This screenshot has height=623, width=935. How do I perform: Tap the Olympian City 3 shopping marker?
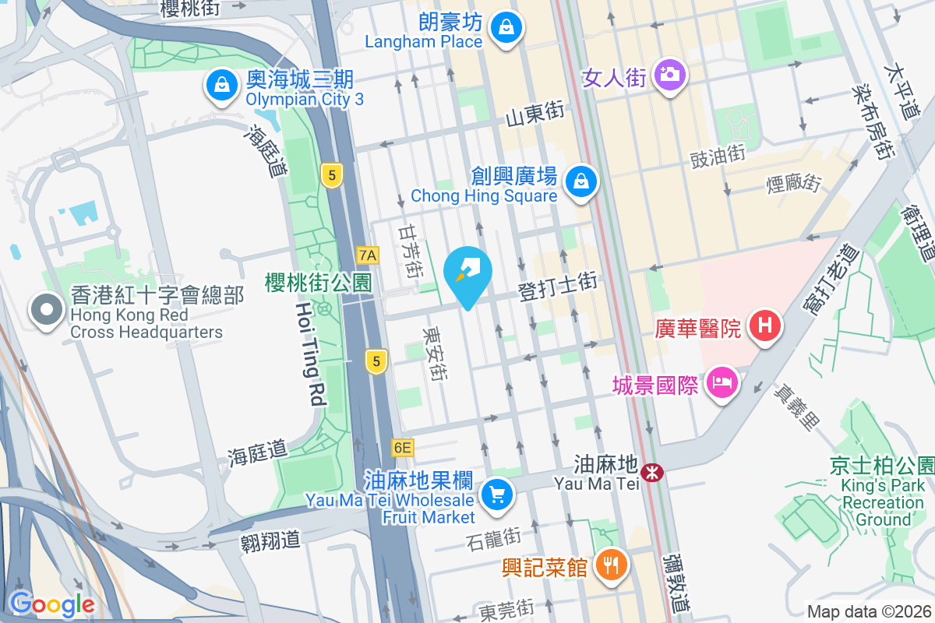pyautogui.click(x=222, y=85)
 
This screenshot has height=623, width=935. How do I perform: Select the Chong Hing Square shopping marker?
pyautogui.click(x=580, y=182)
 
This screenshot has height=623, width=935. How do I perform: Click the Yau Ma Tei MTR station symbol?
pyautogui.click(x=651, y=472)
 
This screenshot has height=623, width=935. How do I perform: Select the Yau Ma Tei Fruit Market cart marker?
pyautogui.click(x=496, y=494)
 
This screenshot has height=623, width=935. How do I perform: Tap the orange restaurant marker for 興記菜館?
pyautogui.click(x=609, y=565)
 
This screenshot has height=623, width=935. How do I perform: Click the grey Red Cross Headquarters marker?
pyautogui.click(x=47, y=309)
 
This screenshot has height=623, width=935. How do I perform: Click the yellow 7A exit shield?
pyautogui.click(x=368, y=255)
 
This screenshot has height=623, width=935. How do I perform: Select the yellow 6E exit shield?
pyautogui.click(x=402, y=448)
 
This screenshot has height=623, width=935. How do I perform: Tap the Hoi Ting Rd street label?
pyautogui.click(x=309, y=354)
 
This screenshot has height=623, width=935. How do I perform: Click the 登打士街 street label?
pyautogui.click(x=558, y=288)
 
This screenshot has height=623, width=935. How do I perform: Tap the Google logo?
pyautogui.click(x=51, y=604)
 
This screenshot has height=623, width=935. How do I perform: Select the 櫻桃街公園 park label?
pyautogui.click(x=318, y=282)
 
